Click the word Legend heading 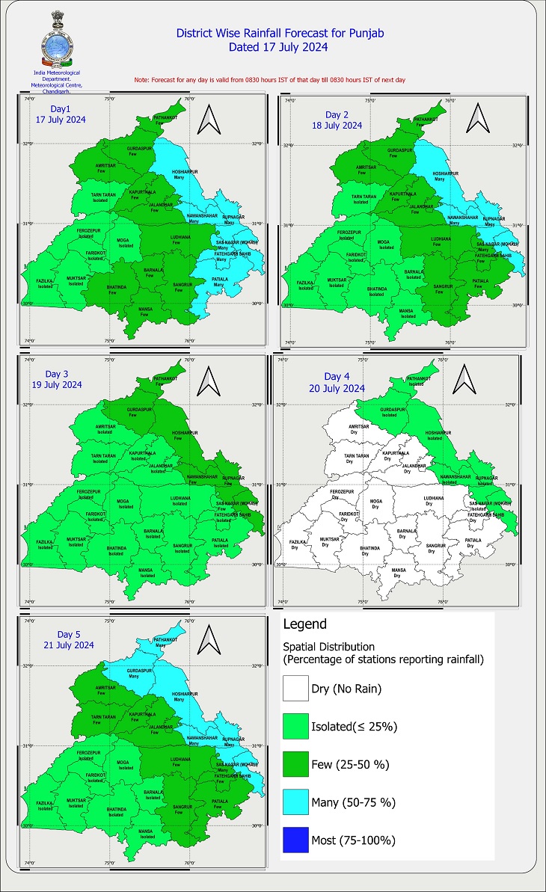(x=304, y=624)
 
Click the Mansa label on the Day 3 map (x=147, y=570)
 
